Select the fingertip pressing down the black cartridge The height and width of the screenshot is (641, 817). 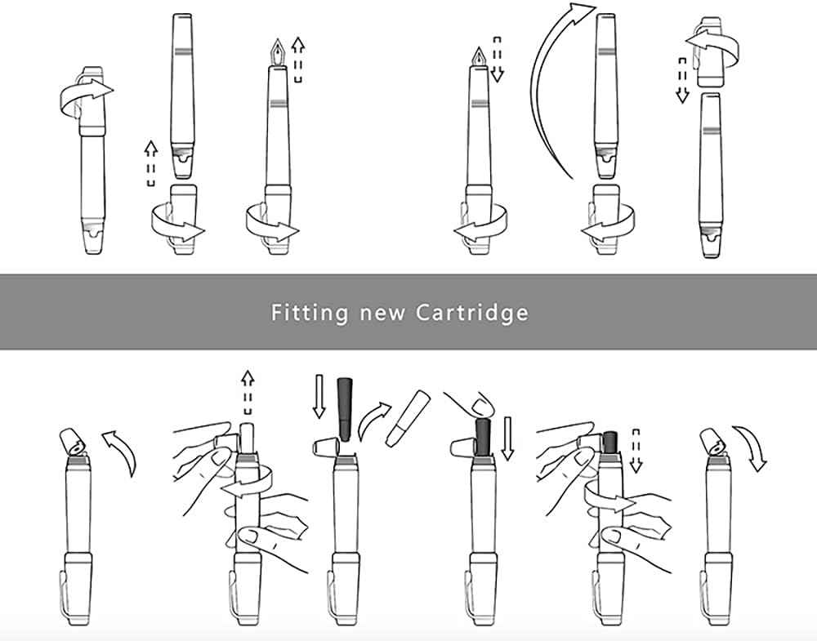tap(482, 405)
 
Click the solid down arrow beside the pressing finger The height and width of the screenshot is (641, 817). tap(508, 437)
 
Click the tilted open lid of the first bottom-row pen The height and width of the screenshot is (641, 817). tap(74, 440)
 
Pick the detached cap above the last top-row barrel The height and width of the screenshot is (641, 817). tap(712, 62)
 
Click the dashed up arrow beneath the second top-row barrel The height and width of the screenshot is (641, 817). tap(150, 161)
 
